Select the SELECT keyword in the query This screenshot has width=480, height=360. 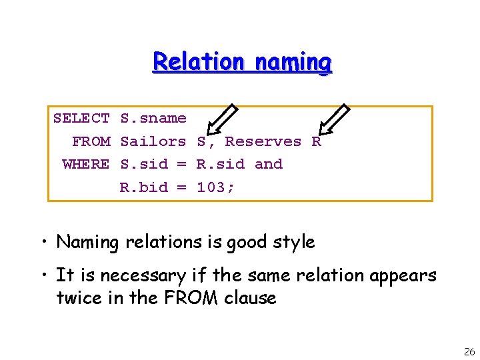click(x=81, y=119)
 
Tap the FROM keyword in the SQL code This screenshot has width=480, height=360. click(x=91, y=141)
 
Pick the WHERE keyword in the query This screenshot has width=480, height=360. click(x=86, y=164)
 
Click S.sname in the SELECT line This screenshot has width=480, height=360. click(x=153, y=119)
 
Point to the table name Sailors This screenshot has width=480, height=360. click(x=153, y=141)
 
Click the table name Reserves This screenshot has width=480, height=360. click(x=263, y=141)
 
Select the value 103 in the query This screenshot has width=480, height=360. click(x=211, y=187)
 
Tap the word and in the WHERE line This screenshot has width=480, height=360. click(x=269, y=164)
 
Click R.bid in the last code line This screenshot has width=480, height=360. click(x=144, y=187)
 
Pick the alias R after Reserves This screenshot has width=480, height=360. click(x=317, y=141)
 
